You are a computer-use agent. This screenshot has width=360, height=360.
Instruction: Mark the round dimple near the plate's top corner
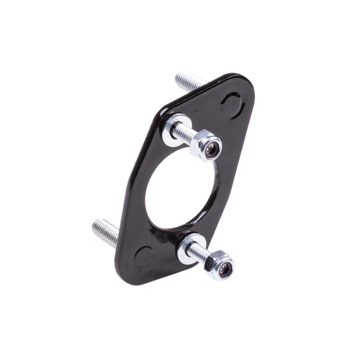(233, 103)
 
